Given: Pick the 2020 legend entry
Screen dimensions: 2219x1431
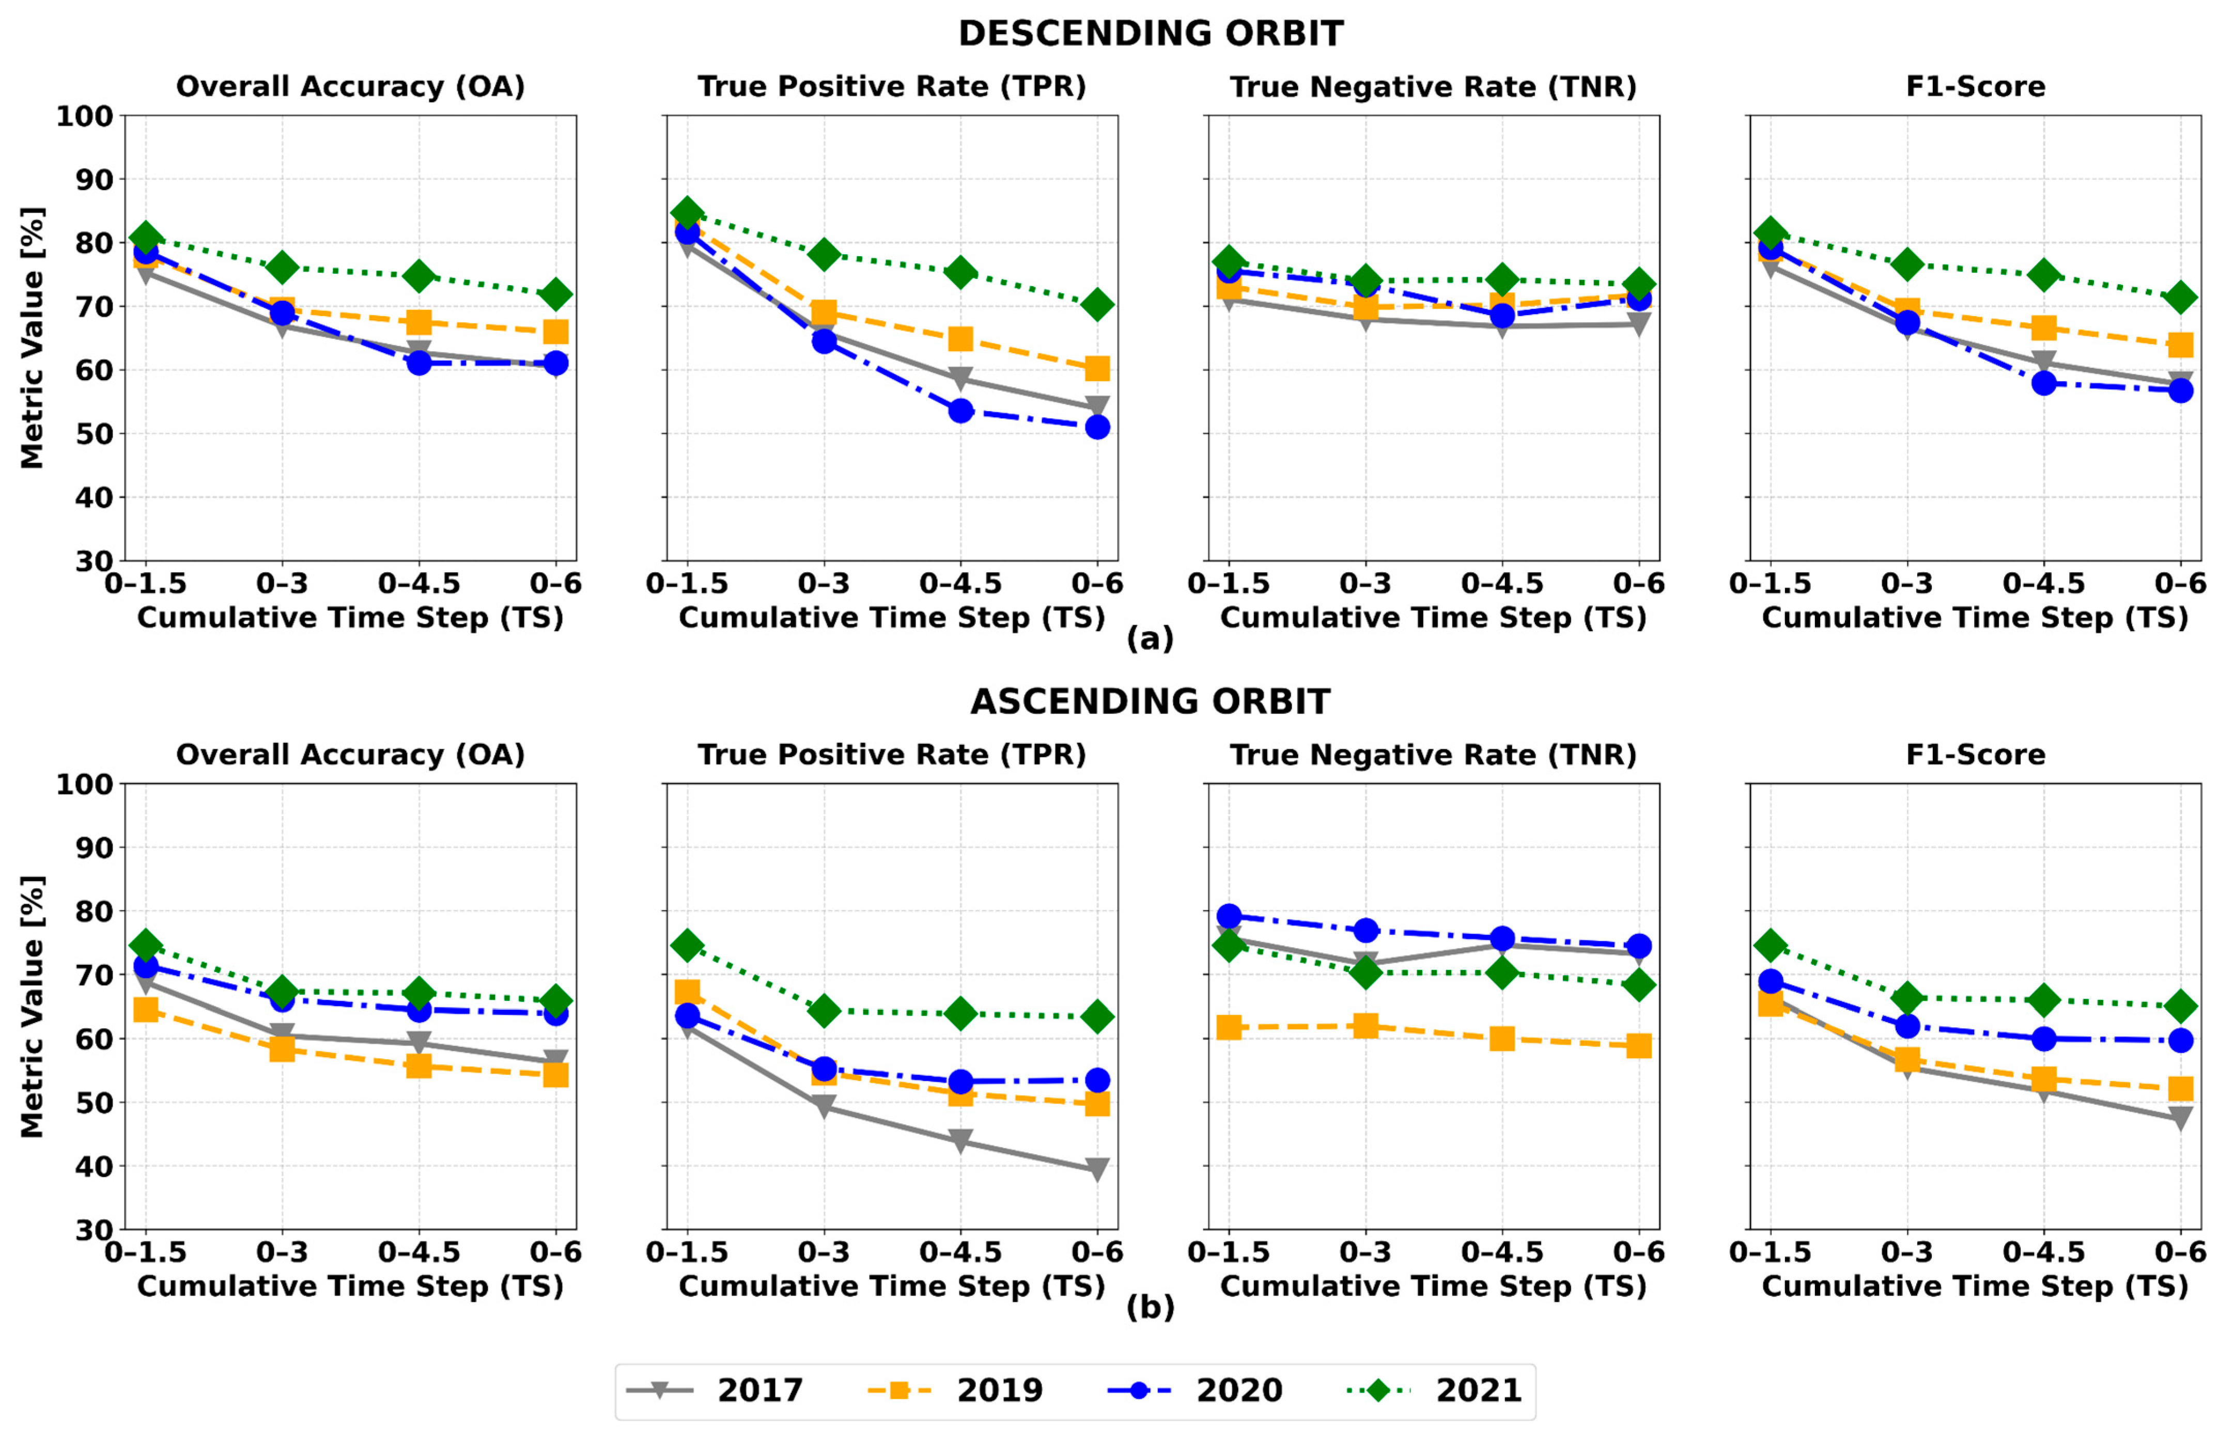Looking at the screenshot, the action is click(x=1193, y=1390).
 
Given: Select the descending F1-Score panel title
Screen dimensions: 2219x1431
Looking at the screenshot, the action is click(x=1976, y=86).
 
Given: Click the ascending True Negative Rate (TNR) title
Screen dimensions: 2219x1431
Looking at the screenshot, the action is click(x=1434, y=754).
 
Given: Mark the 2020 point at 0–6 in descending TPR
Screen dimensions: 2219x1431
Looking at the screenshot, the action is click(x=1097, y=427).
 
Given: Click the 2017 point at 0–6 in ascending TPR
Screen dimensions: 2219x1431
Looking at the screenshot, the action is click(x=1097, y=1169).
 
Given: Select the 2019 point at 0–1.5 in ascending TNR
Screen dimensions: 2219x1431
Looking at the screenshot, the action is click(x=1229, y=1027).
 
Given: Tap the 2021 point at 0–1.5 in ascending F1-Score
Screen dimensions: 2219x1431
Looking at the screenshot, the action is click(x=1771, y=945).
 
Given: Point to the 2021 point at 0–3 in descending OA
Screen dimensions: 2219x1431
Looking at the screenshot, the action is click(x=283, y=268).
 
